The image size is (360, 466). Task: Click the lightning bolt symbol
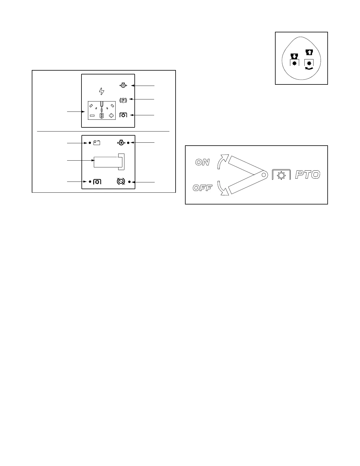[x=102, y=91]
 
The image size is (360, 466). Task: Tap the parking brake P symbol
[x=123, y=100]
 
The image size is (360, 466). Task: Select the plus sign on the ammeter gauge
[x=111, y=116]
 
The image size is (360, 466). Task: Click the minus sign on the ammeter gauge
[x=92, y=116]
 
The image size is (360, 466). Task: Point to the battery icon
[x=97, y=143]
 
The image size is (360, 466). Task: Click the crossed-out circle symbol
[x=121, y=182]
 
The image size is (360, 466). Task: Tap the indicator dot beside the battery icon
[x=90, y=143]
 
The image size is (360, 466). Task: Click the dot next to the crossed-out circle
[x=129, y=182]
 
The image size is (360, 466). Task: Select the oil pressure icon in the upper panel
[x=123, y=86]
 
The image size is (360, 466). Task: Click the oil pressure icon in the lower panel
[x=121, y=143]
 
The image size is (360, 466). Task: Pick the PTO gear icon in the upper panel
[x=123, y=115]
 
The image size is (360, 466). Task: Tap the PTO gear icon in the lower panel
[x=97, y=182]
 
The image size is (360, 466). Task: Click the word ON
[x=203, y=162]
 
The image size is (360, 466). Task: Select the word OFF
[x=202, y=188]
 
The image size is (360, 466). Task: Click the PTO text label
[x=307, y=175]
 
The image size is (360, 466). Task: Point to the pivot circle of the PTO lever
[x=264, y=175]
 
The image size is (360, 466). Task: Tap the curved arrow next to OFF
[x=222, y=188]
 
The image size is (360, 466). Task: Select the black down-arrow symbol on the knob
[x=294, y=56]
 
